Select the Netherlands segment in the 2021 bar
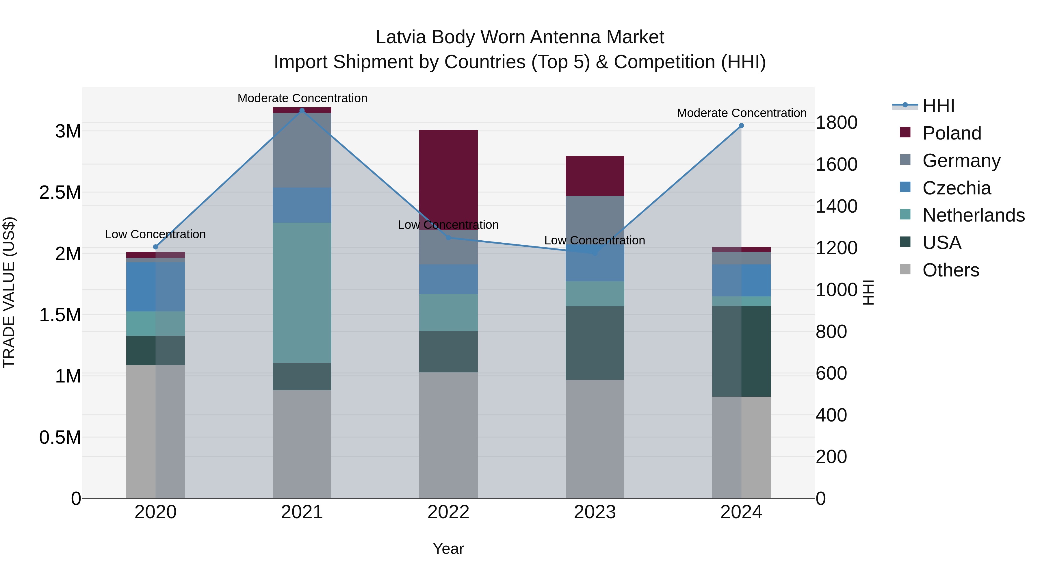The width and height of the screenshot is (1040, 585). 302,292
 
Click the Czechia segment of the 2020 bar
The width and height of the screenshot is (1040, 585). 155,287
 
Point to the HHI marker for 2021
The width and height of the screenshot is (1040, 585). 302,111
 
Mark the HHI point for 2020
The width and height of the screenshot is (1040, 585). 155,247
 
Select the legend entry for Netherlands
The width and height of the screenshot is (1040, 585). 973,215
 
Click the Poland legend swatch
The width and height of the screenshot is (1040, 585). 905,132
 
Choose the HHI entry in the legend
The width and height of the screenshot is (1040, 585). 938,106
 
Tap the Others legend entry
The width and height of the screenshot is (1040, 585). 950,270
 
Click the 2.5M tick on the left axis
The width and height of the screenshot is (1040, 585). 60,193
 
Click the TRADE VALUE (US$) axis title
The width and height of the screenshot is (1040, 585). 9,292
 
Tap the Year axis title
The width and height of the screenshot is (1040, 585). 448,549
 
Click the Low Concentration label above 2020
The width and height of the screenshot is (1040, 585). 155,234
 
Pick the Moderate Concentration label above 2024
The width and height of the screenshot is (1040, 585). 741,113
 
